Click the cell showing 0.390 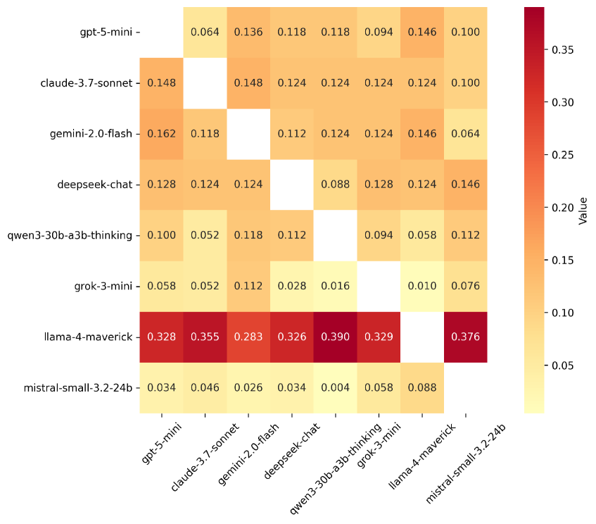336,337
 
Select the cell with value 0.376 466,337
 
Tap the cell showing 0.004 336,387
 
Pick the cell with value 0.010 422,286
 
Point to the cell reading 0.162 162,134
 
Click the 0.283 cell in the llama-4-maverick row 248,337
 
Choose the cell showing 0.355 205,337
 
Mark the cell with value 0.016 336,286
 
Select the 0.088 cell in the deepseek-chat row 336,185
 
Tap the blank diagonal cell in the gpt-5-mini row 162,32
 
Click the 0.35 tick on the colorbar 562,49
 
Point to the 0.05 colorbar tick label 562,366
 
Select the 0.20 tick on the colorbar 562,208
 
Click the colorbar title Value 583,209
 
